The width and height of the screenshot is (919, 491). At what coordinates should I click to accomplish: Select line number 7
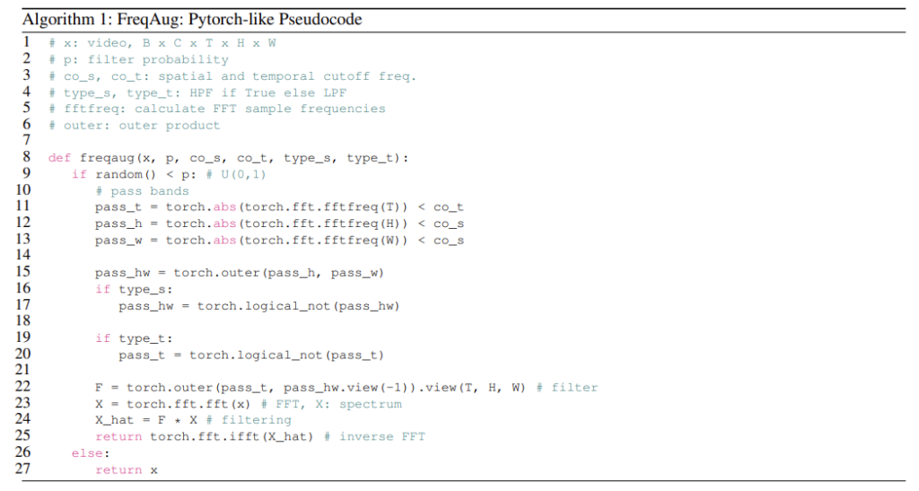pos(26,140)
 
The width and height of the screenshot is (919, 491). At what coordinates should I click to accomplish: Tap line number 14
pos(22,255)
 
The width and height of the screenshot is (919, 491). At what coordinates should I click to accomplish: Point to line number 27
pos(22,469)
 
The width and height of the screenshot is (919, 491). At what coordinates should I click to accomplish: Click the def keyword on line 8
pos(60,158)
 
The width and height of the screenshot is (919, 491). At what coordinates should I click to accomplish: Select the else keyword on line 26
pos(87,453)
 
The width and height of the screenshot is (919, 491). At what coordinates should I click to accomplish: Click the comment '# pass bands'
pos(143,191)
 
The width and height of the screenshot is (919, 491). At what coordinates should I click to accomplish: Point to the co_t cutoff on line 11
pos(449,207)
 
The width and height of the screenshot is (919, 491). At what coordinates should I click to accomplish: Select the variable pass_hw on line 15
pos(122,274)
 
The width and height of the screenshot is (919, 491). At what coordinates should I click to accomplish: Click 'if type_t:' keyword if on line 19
pos(102,338)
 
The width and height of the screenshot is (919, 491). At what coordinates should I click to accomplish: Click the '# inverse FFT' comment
pos(374,437)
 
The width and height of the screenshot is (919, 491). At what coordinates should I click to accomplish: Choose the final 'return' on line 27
pos(118,470)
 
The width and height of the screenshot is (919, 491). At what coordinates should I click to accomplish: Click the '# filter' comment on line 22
pos(567,388)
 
